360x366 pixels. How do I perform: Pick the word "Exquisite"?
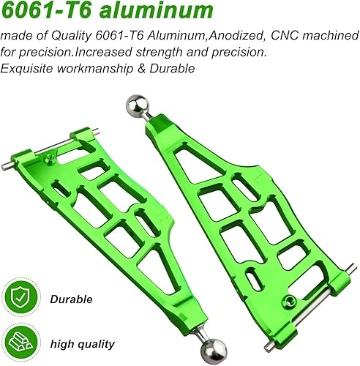[28, 68]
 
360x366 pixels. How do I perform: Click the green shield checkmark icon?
[24, 299]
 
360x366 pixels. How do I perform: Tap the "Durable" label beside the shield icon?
[71, 299]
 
